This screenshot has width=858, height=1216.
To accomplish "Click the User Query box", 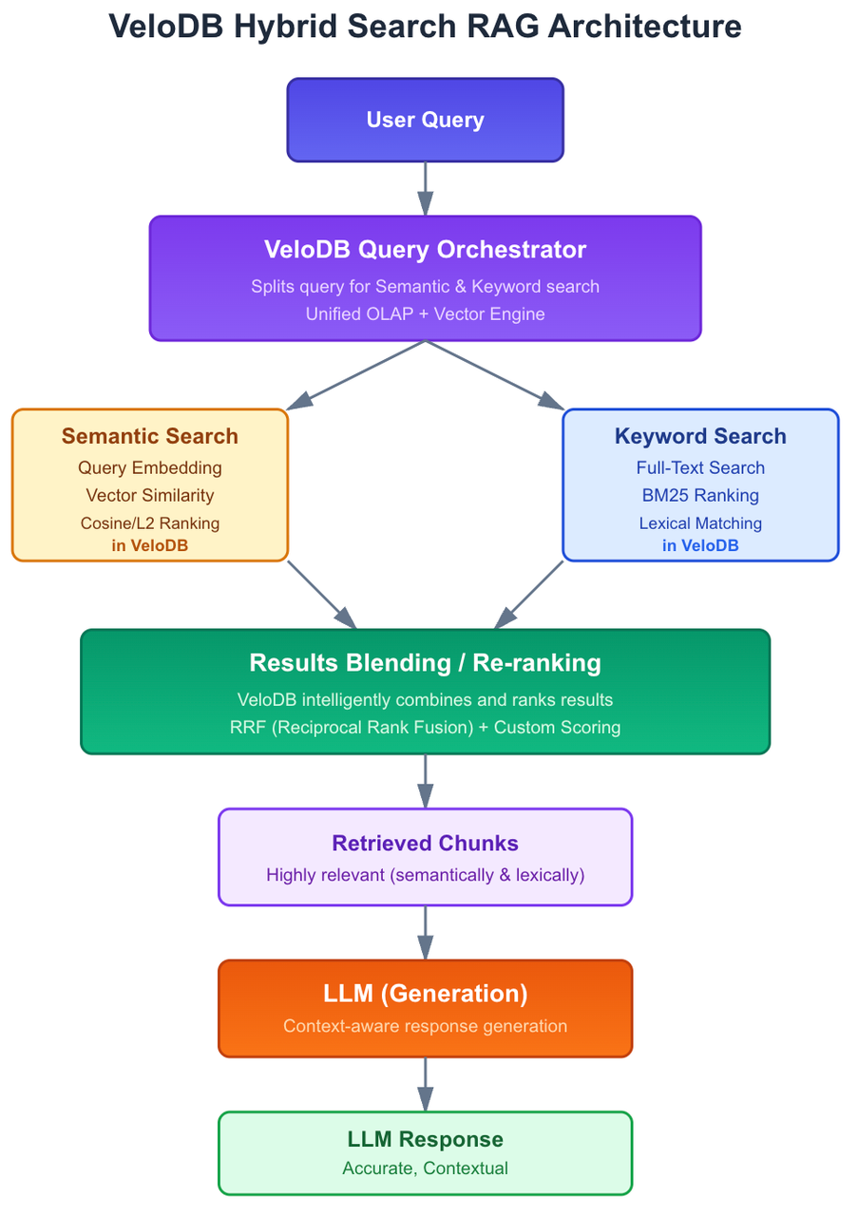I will [425, 120].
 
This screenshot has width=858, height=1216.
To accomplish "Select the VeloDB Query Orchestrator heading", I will [425, 250].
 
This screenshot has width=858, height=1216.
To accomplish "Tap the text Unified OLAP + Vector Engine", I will [425, 313].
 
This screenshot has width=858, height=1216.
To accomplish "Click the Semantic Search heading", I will [149, 436].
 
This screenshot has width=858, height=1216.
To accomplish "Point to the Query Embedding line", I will [149, 467].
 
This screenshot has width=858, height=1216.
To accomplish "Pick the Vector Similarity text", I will [149, 495].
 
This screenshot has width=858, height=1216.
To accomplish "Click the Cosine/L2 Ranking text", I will [149, 522].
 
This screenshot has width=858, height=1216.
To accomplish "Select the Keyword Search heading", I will [700, 436].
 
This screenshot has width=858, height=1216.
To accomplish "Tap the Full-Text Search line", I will [700, 467].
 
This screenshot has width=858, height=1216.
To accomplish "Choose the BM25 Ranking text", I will [700, 495].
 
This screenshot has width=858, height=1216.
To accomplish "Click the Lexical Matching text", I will [700, 522].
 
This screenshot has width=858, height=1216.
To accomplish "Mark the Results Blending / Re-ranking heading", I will [425, 662].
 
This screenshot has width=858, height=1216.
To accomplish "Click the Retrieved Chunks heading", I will [425, 843].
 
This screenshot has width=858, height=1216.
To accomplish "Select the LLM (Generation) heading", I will [425, 994].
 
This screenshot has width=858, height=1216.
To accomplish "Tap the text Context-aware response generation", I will [425, 1026].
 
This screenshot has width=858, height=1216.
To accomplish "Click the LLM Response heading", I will [425, 1139].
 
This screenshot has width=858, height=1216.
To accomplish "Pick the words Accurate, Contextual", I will [425, 1168].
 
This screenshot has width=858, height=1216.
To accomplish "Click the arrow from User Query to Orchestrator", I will [425, 188].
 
